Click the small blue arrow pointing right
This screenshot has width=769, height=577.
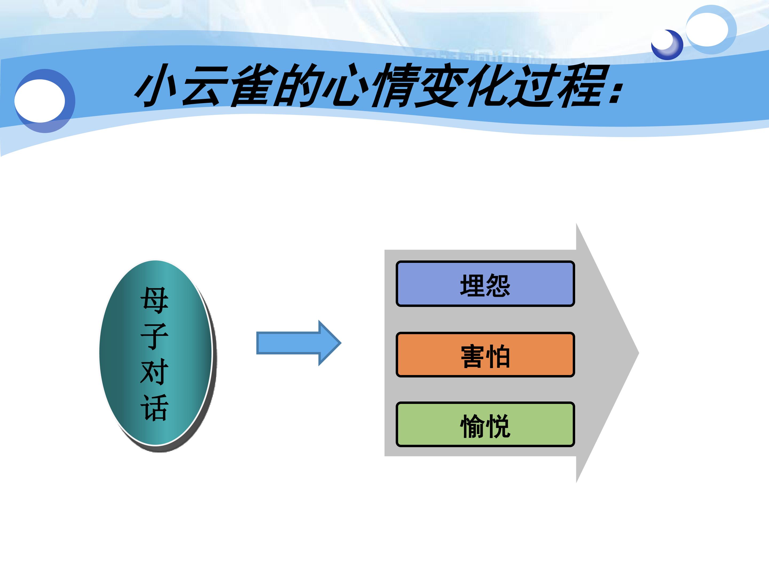pos(299,343)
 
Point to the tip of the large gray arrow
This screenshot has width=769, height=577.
pos(639,353)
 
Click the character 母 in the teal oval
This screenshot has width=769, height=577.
pos(154,301)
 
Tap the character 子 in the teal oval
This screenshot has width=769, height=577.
pos(154,336)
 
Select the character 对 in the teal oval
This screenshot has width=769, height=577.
pos(154,372)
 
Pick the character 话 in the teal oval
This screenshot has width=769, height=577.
pos(154,407)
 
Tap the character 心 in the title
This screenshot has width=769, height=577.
pos(345,85)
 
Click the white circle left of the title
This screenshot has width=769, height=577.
pos(40,101)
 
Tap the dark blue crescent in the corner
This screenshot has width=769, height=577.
pos(667,45)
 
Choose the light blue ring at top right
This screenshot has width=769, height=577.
pos(711,30)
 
